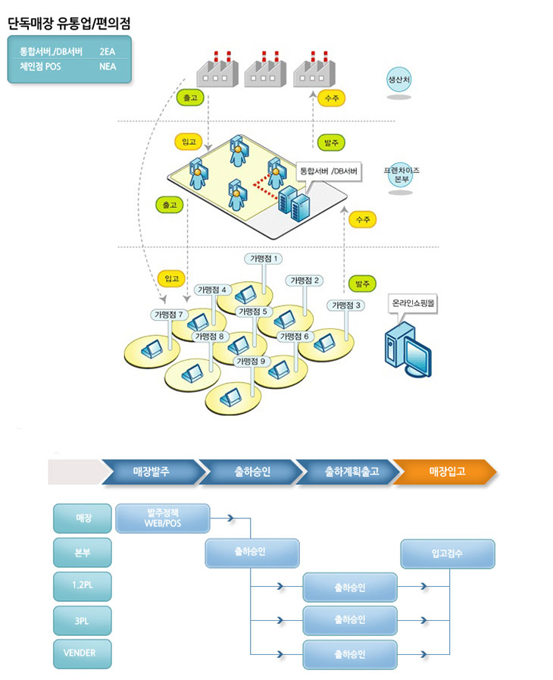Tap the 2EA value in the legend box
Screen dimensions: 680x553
coord(107,52)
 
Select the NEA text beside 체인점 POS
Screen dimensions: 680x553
coord(107,66)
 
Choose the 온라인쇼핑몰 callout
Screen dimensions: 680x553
coord(414,302)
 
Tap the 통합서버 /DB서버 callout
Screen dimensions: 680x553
coord(329,171)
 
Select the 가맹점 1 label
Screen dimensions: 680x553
coord(264,259)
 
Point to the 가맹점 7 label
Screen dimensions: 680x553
coord(169,314)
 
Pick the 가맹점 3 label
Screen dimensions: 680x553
coord(347,305)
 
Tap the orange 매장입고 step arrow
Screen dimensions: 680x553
coord(445,472)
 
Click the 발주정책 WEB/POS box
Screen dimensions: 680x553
coord(163,519)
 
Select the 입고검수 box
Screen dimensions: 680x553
coord(447,553)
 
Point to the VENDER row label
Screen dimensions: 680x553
coord(82,653)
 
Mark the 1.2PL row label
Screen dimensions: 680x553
coord(82,586)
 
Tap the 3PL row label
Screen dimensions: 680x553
coord(82,620)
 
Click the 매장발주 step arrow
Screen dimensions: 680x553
coord(152,472)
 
